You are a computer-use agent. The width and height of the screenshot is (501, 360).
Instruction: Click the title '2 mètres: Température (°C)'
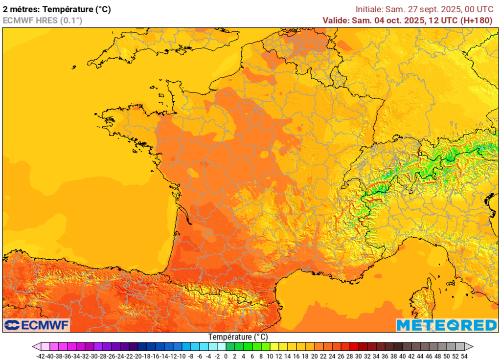pos(57,9)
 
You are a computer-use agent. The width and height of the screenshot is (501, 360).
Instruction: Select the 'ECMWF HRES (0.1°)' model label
pos(43,20)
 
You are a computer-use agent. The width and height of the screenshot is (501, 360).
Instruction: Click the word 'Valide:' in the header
pos(336,20)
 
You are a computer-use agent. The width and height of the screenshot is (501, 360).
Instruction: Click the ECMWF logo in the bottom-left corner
pos(37,325)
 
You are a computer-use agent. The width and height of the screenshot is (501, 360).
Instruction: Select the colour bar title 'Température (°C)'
pos(238,337)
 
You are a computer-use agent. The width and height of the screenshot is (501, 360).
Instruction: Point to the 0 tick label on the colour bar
pos(227,356)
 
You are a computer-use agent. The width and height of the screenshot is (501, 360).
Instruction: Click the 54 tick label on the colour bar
pos(464,356)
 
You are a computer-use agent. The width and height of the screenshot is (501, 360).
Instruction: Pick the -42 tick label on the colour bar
pos(41,356)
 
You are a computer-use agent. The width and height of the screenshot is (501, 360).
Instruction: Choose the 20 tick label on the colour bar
pos(315,356)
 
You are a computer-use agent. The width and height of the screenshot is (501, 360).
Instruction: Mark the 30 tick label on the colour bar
pos(359,356)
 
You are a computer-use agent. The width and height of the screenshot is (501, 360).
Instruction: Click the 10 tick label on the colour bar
pos(271,356)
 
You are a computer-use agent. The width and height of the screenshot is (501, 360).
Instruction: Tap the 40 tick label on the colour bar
pos(403,356)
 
